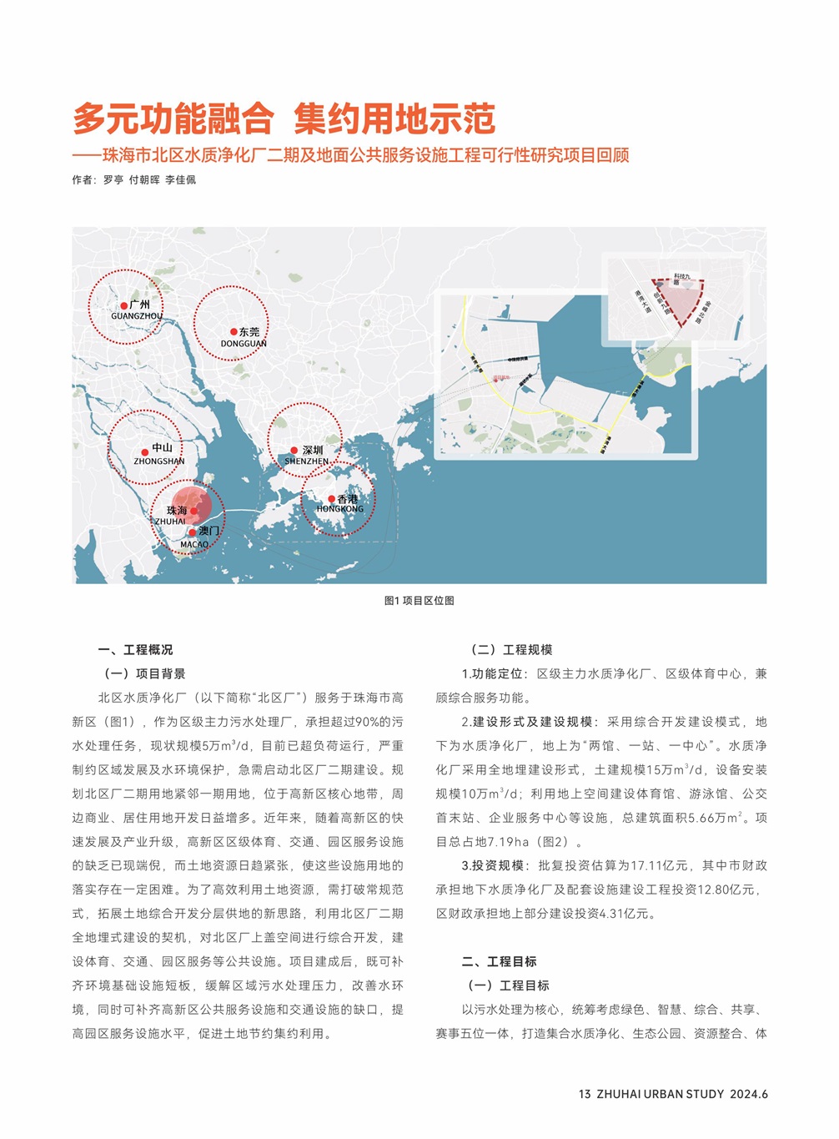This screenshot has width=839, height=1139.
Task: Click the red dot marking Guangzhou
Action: click(x=123, y=306)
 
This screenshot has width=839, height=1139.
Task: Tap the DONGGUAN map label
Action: click(x=244, y=344)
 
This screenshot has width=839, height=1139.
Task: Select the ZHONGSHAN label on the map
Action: click(x=159, y=461)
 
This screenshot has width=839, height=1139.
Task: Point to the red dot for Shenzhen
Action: click(x=294, y=451)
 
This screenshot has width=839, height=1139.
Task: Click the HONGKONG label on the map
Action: click(x=339, y=509)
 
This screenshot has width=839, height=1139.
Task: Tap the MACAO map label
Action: click(x=194, y=545)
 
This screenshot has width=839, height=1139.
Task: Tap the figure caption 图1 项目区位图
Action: click(x=419, y=601)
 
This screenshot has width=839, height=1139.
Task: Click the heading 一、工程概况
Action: click(x=135, y=650)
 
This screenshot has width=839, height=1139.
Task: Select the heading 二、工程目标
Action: click(x=499, y=962)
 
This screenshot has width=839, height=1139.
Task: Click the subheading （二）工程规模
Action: click(x=511, y=650)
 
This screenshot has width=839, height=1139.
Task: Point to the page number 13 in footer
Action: click(x=584, y=1094)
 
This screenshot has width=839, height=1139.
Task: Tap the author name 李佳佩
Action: click(x=180, y=180)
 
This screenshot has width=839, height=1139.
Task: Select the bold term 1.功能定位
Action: click(x=492, y=674)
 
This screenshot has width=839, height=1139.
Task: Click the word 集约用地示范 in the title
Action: click(x=394, y=119)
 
